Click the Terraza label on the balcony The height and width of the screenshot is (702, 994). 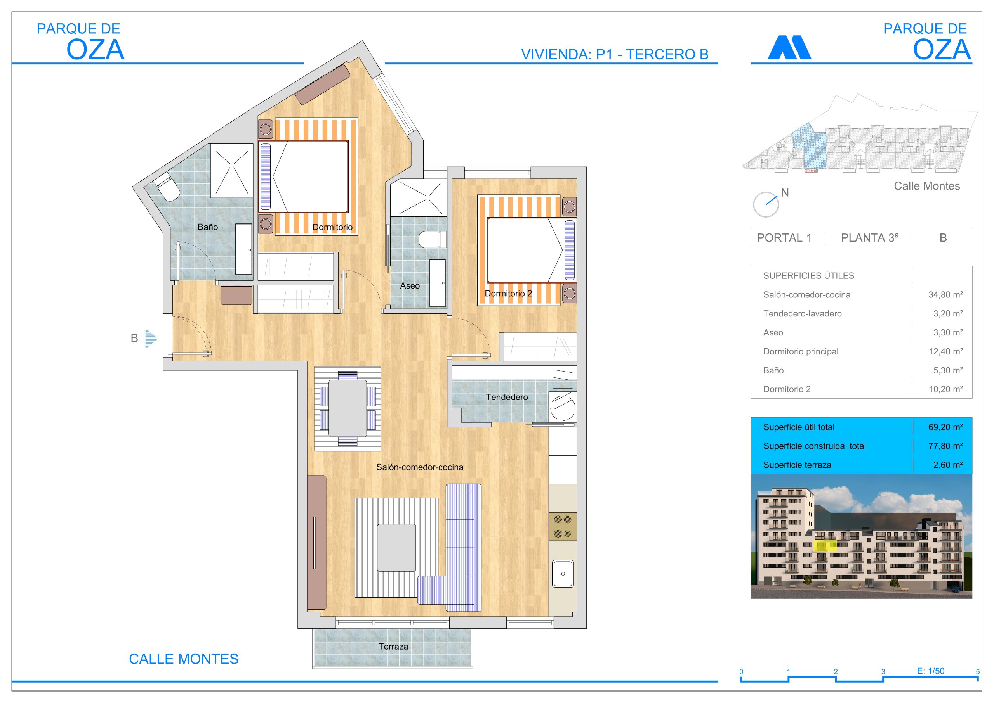[393, 647]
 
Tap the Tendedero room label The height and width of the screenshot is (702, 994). [507, 397]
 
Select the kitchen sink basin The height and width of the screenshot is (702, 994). [563, 574]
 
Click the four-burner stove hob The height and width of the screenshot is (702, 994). [563, 526]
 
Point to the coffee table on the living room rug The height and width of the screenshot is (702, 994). [396, 548]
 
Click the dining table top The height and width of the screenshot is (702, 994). [348, 408]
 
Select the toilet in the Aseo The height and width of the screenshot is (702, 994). [433, 239]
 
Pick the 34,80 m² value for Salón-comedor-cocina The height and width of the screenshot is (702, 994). [945, 294]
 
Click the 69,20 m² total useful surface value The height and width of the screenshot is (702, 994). [945, 427]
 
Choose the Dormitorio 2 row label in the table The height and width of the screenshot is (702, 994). [787, 389]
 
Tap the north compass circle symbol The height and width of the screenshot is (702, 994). [765, 204]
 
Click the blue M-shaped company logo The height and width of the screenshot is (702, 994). [789, 48]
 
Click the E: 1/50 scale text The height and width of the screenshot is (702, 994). [931, 671]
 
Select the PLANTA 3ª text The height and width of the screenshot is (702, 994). [870, 237]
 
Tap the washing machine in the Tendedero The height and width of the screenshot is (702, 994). [563, 406]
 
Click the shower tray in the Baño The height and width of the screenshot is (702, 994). [232, 170]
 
